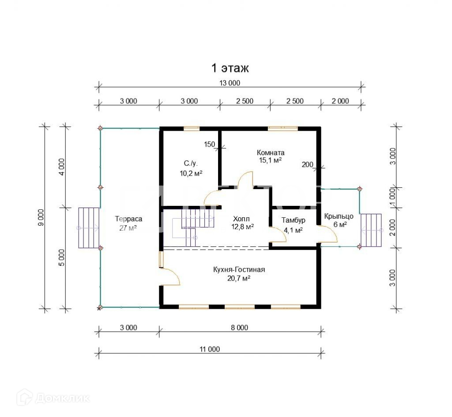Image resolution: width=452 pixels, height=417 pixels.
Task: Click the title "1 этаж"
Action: click(230, 68)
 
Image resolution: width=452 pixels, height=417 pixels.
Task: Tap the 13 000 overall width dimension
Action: click(230, 83)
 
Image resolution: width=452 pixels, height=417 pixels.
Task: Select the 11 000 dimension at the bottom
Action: click(210, 349)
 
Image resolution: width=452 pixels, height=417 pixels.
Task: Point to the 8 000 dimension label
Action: click(240, 328)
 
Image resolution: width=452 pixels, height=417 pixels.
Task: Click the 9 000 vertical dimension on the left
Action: click(41, 218)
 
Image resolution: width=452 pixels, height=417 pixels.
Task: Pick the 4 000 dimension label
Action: click(62, 167)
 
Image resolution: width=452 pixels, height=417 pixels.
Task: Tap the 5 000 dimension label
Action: click(62, 258)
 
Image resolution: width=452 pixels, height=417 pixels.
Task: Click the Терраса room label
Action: click(128, 219)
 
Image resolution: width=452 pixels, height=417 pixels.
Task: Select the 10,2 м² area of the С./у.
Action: click(191, 173)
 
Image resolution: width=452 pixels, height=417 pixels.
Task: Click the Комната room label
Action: click(271, 152)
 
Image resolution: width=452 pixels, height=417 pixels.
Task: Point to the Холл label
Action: click(241, 219)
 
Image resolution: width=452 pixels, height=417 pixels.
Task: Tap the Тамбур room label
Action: click(294, 220)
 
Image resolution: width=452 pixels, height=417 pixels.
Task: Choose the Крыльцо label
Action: click(339, 216)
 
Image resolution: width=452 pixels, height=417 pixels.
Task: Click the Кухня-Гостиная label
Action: click(239, 270)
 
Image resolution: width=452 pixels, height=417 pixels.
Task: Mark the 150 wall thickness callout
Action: click(210, 144)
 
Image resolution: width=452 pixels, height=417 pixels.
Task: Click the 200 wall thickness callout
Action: click(308, 164)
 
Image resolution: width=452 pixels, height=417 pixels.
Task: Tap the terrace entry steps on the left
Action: click(89, 227)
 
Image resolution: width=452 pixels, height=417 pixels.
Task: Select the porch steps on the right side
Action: click(371, 230)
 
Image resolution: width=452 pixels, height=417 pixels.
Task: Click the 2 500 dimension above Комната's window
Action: click(295, 101)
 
